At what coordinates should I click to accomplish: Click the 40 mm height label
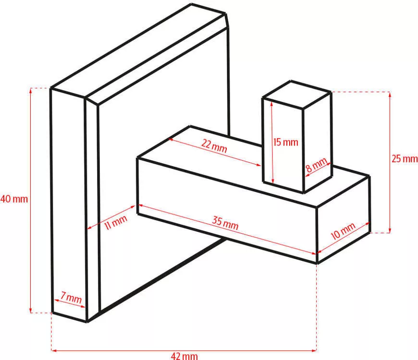[14, 199]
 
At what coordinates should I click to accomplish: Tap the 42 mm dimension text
[184, 356]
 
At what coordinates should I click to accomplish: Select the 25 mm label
[404, 159]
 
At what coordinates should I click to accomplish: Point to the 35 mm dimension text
[225, 223]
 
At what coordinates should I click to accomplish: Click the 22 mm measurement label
[214, 145]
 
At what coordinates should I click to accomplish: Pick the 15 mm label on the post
[285, 142]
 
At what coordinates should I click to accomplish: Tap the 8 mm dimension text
[316, 165]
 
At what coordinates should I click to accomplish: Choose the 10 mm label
[343, 231]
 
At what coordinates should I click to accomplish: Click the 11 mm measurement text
[115, 222]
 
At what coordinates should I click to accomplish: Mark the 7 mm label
[71, 298]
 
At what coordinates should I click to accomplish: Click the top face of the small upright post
[297, 95]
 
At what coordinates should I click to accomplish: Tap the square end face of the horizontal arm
[344, 219]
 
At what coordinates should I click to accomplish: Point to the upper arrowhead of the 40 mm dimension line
[31, 91]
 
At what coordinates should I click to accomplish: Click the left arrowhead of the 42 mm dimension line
[54, 351]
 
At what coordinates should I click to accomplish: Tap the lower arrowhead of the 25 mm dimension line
[390, 230]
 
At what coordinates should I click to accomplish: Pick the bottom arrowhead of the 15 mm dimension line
[273, 180]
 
